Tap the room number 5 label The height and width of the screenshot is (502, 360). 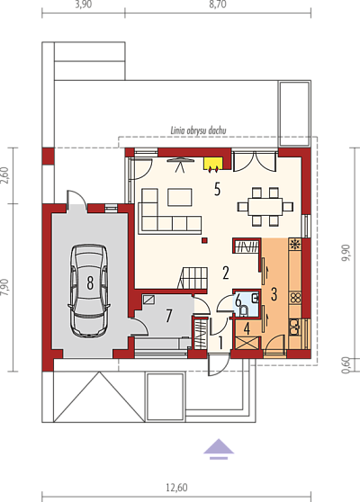click(218, 189)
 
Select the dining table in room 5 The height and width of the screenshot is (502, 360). click(265, 207)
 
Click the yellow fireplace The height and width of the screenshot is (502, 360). click(213, 164)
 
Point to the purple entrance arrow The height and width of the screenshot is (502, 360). click(219, 449)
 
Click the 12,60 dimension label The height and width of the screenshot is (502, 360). click(176, 488)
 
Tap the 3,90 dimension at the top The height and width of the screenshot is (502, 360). click(84, 4)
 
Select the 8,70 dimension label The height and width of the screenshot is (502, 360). click(218, 4)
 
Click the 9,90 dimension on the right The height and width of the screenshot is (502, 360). click(346, 253)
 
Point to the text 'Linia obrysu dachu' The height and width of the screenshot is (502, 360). click(198, 130)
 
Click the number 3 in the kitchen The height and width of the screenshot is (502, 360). click(274, 294)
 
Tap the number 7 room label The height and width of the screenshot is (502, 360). click(169, 316)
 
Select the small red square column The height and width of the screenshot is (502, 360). click(204, 240)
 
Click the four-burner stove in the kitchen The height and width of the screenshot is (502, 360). click(295, 298)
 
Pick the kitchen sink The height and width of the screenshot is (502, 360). click(294, 327)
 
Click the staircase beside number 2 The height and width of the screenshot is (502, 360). click(193, 278)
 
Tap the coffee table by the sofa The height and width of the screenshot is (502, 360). click(180, 197)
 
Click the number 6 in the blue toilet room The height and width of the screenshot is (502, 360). click(238, 301)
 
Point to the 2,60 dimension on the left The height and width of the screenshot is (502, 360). click(4, 175)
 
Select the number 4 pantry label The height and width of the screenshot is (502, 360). click(247, 328)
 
